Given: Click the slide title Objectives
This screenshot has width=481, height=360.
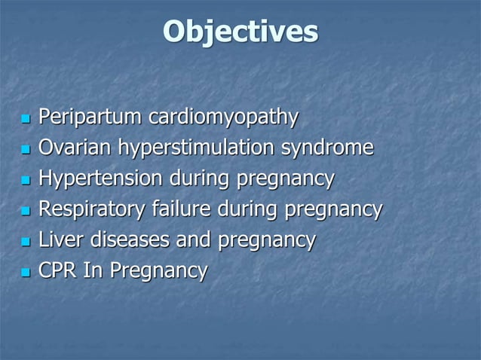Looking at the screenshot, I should [x=240, y=32].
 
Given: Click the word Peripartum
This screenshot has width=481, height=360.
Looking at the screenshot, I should [x=90, y=118].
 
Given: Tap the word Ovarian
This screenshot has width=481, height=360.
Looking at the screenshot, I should [x=75, y=148].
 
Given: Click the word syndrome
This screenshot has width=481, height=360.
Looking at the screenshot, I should [x=327, y=148].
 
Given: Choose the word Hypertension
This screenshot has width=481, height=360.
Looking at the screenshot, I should [x=100, y=179].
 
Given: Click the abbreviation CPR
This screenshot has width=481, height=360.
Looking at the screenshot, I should [x=58, y=270].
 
